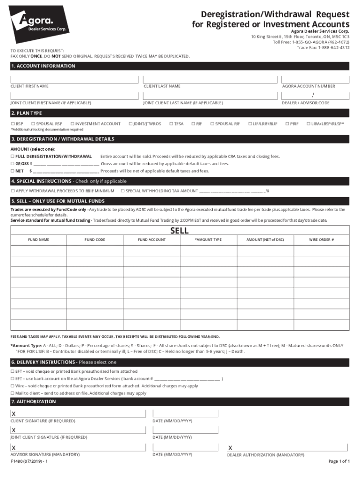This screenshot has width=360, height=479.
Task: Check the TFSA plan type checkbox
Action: click(x=171, y=123)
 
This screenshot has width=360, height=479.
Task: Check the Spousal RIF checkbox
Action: click(x=212, y=123)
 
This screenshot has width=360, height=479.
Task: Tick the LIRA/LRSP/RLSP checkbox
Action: click(x=308, y=123)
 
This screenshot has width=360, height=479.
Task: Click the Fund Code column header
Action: click(x=94, y=239)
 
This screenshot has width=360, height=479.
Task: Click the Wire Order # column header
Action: click(x=321, y=239)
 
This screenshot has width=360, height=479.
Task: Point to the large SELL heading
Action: click(x=180, y=231)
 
